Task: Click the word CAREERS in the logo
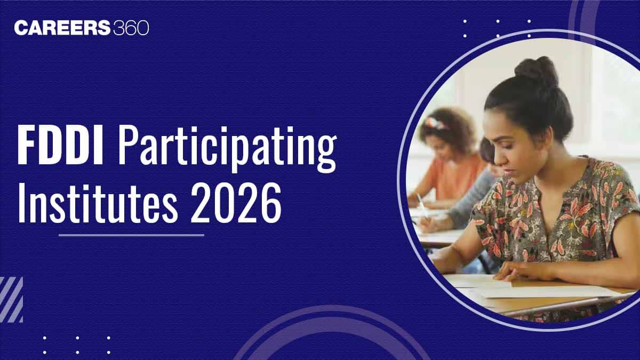62,28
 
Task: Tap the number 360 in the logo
131,28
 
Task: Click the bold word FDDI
60,145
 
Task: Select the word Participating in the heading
227,149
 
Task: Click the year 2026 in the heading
236,203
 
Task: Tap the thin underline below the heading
131,235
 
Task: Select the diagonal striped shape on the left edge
11,299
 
